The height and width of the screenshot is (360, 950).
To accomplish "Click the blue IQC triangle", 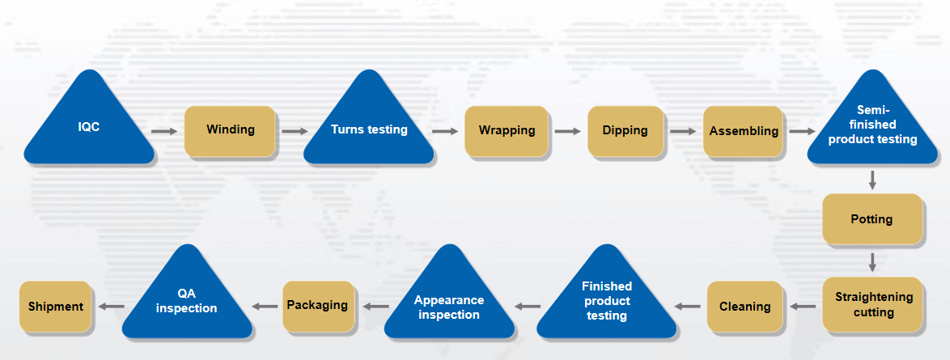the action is [x=89, y=127].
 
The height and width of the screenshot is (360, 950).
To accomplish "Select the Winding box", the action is [x=231, y=131].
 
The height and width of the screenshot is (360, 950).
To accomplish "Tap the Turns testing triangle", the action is [x=368, y=127].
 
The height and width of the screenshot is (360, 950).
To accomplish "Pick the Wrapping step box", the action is [x=507, y=131].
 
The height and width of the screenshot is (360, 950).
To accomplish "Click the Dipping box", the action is [x=626, y=131].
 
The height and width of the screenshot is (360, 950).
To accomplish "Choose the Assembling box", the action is [x=744, y=131].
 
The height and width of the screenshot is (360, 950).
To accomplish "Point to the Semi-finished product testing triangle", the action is [x=872, y=127].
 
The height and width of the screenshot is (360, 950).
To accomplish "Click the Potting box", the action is [x=872, y=218].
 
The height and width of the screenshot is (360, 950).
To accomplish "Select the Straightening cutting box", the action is [x=873, y=305].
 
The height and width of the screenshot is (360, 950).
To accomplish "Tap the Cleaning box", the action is [x=744, y=307].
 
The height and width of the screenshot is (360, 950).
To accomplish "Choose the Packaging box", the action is [x=318, y=307].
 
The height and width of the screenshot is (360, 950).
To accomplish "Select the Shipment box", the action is [x=56, y=307].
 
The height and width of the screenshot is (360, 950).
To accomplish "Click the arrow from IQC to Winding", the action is [x=164, y=132].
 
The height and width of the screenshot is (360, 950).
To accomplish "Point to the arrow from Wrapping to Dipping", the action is [x=568, y=132].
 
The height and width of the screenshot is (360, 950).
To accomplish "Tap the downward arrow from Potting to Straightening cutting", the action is [x=872, y=262].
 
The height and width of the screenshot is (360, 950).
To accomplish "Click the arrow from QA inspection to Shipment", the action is [x=112, y=307].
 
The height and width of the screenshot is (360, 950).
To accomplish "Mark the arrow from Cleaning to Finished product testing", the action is [x=688, y=307].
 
